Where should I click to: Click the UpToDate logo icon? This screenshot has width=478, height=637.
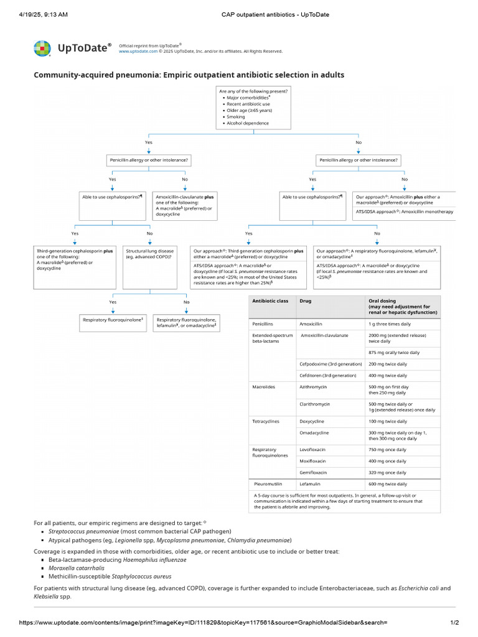(x=42, y=49)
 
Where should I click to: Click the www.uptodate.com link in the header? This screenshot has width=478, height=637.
(x=135, y=52)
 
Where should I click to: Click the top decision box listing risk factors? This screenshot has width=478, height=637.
(x=253, y=107)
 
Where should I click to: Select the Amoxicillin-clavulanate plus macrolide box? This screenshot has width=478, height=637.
(x=184, y=205)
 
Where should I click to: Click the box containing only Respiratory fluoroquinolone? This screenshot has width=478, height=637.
(x=113, y=320)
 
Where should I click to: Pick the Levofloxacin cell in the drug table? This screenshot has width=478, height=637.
(x=314, y=449)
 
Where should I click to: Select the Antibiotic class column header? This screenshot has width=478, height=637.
(x=269, y=301)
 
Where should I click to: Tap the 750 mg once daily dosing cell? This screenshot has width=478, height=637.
(x=387, y=449)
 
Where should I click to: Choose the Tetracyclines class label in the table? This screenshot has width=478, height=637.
(x=266, y=421)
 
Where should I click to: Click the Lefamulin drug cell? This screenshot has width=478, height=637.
(x=312, y=483)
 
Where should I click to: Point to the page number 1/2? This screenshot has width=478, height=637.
(x=454, y=623)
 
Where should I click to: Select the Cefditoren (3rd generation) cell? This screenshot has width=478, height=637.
(x=327, y=375)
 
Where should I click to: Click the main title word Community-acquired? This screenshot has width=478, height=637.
(x=70, y=75)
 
